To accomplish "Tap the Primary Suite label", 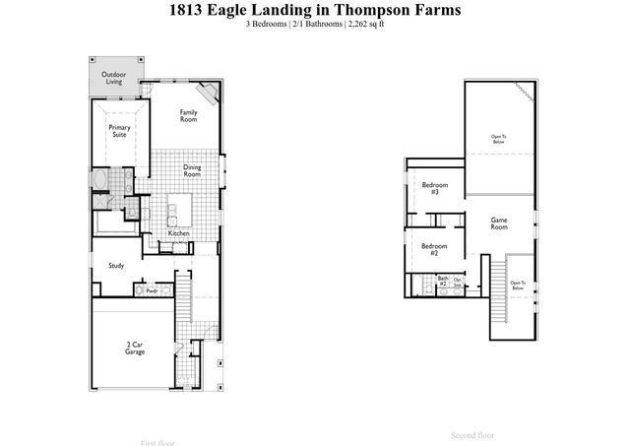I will click(x=119, y=130).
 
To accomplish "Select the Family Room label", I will click(x=188, y=115).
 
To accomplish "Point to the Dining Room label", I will click(x=192, y=170).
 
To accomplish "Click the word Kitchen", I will click(x=178, y=232).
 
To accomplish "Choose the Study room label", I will click(x=115, y=266).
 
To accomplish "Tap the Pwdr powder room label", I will click(x=152, y=291).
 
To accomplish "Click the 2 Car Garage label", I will click(x=136, y=347).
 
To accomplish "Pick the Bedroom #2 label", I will click(x=429, y=249).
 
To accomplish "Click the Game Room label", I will click(x=499, y=223).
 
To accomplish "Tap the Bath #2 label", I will click(x=443, y=281).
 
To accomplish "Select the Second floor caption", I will click(x=472, y=434).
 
